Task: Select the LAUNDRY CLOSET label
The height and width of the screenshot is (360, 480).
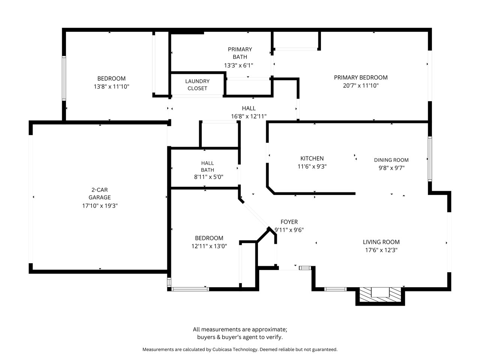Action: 197,85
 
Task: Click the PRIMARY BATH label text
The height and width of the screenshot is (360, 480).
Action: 240,53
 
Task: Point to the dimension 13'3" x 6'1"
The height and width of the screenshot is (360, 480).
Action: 238,65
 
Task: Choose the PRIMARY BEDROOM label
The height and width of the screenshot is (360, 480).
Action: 361,77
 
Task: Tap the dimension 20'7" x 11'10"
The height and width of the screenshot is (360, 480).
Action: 361,85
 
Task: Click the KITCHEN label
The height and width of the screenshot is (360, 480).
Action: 312,159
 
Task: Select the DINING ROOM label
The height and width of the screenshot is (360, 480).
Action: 391,160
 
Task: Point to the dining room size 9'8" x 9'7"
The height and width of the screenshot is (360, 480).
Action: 391,168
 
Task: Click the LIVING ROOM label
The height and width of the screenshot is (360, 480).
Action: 381,242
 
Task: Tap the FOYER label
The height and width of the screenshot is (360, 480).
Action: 289,222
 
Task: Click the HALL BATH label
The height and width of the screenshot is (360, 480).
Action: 207,166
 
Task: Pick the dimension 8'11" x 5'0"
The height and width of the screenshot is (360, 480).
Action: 208,177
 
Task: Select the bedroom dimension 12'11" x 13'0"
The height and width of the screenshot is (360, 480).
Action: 209,246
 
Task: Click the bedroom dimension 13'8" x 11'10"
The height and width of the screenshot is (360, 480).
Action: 111,86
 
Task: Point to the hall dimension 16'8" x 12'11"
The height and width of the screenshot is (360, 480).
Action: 249,116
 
